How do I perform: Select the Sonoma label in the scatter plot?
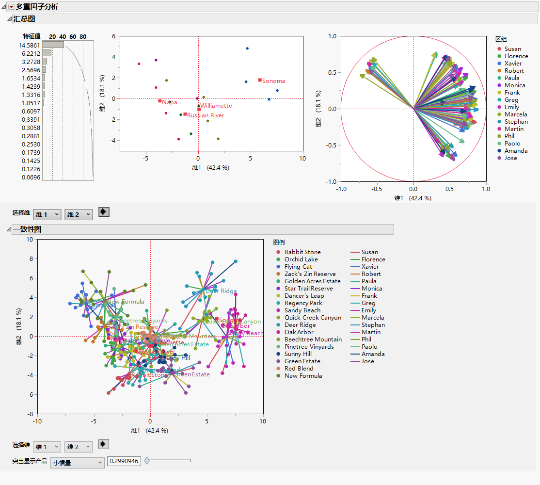pyautogui.click(x=273, y=81)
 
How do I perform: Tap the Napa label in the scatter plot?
pyautogui.click(x=169, y=102)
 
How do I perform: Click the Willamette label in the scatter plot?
pyautogui.click(x=216, y=105)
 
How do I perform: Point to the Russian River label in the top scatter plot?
pyautogui.click(x=206, y=115)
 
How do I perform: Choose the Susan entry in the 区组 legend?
pyautogui.click(x=512, y=49)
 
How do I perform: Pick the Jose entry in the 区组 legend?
pyautogui.click(x=510, y=158)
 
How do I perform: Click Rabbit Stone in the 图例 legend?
pyautogui.click(x=302, y=252)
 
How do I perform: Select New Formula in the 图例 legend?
pyautogui.click(x=303, y=376)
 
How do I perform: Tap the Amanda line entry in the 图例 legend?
pyautogui.click(x=373, y=354)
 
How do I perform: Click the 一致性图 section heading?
pyautogui.click(x=27, y=229)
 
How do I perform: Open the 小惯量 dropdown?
pyautogui.click(x=77, y=463)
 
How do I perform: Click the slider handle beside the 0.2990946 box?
pyautogui.click(x=147, y=461)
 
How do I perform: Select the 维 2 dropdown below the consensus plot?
pyautogui.click(x=79, y=447)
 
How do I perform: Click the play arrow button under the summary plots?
pyautogui.click(x=104, y=212)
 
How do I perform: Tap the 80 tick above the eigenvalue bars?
pyautogui.click(x=83, y=37)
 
